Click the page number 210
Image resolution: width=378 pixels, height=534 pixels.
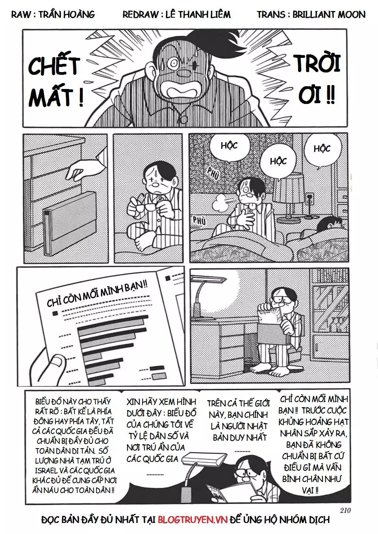(344, 510)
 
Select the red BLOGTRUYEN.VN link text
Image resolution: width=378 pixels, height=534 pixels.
(193, 520)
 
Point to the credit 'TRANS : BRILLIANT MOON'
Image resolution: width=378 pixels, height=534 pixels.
(311, 15)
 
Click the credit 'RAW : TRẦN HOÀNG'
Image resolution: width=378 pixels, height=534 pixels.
(53, 15)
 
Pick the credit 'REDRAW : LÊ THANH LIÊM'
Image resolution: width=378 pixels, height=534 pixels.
(176, 15)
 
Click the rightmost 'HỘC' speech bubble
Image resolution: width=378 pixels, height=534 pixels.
(322, 149)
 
